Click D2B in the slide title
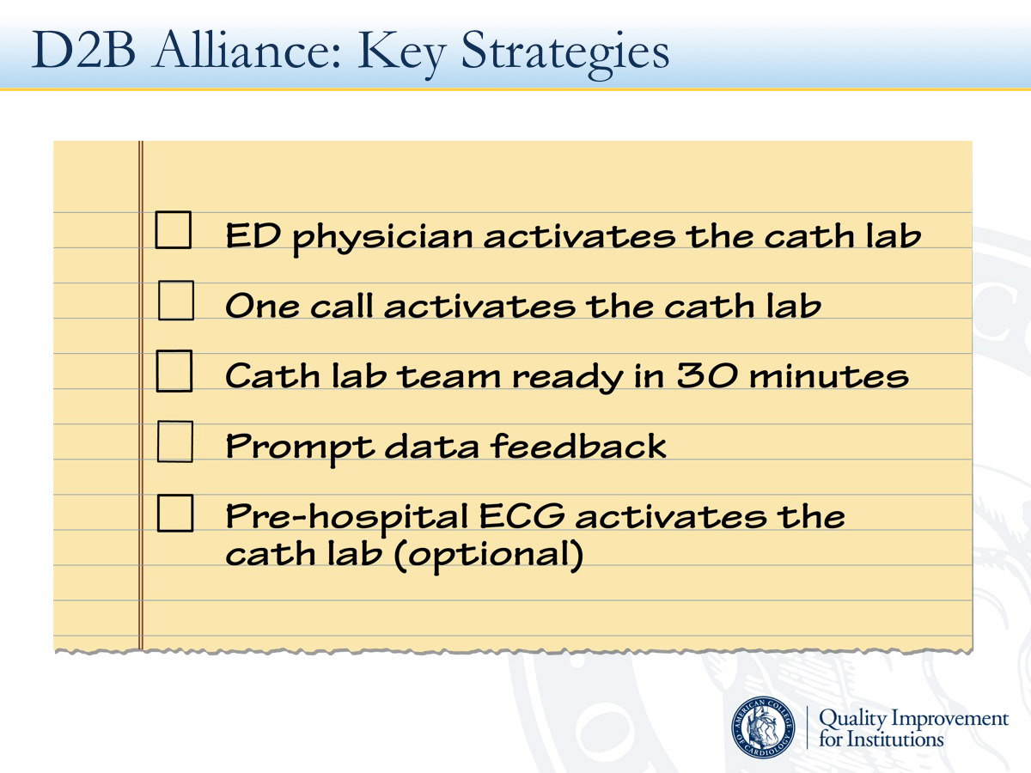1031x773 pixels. (83, 50)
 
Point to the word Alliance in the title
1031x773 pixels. (247, 49)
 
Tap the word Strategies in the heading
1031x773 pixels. (565, 53)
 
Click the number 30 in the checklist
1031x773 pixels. (706, 375)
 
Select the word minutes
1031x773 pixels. (829, 376)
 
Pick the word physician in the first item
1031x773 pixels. (383, 239)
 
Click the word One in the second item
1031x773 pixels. (262, 306)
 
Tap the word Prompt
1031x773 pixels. (300, 448)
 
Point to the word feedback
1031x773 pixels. (578, 445)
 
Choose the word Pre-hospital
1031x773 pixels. (346, 519)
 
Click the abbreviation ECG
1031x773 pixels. (522, 516)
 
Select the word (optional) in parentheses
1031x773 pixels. (489, 555)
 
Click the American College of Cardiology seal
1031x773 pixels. (763, 727)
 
